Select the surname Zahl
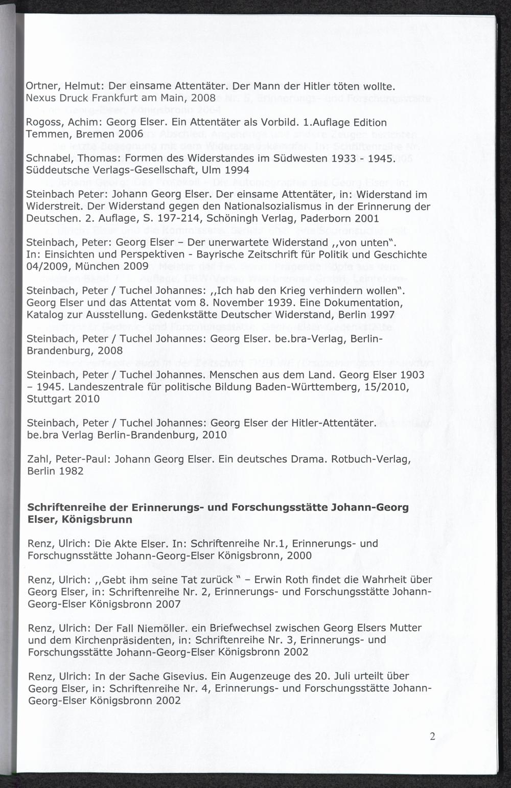(x=38, y=459)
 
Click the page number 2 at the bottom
(x=433, y=736)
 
